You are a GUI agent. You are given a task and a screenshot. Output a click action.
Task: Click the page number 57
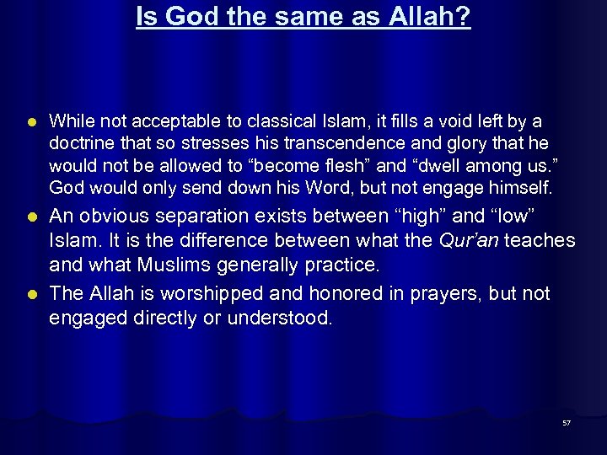tap(567, 423)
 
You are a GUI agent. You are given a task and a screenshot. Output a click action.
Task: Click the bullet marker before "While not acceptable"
tap(30, 121)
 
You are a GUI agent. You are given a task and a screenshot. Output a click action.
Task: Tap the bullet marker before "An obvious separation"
tap(30, 217)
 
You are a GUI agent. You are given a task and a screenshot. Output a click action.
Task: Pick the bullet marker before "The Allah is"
tap(30, 294)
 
